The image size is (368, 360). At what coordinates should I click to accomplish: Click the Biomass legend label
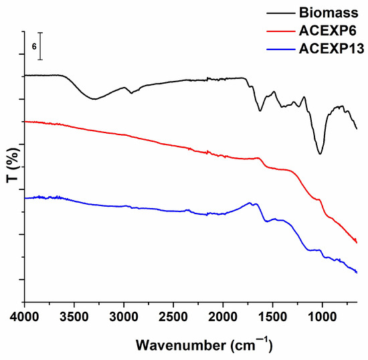point(329,13)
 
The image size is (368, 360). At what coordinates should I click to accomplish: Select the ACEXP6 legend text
point(328,31)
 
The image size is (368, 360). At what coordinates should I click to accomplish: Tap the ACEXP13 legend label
point(332,49)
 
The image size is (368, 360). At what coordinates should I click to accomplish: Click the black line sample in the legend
point(281,13)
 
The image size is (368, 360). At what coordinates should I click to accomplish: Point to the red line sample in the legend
point(281,31)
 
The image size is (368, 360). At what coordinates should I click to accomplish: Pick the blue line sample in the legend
point(281,50)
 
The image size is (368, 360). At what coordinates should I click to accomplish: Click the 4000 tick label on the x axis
point(24,317)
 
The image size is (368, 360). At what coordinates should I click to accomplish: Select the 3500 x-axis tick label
point(74,317)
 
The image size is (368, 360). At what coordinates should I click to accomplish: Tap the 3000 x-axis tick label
point(124,317)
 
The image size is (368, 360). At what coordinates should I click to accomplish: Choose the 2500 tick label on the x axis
point(173,317)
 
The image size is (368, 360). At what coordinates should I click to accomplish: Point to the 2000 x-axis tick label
point(223,317)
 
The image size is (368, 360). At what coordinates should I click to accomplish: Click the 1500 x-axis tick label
point(272,317)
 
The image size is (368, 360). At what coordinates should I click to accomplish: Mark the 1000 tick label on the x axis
point(322,317)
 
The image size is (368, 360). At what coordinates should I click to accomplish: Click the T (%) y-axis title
point(13,165)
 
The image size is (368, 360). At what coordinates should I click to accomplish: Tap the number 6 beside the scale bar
point(34,47)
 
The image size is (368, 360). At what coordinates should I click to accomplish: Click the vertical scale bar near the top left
point(40,46)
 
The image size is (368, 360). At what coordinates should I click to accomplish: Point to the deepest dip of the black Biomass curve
point(320,154)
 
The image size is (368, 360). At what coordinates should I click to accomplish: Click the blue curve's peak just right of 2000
point(250,203)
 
